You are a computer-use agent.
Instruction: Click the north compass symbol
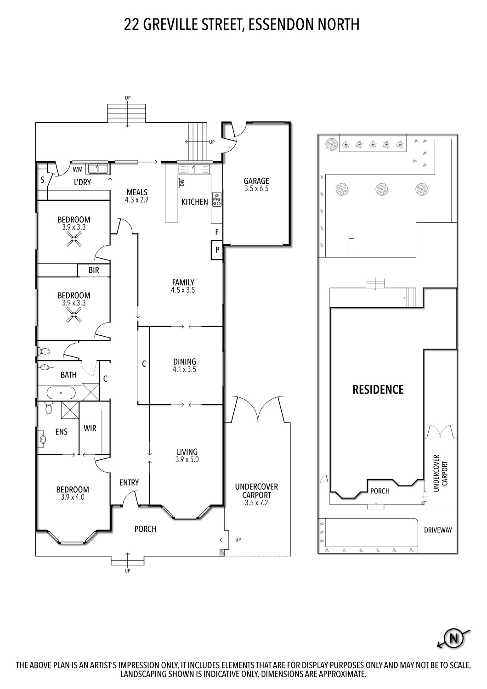click(x=454, y=638)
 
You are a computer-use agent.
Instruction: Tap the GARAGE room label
click(x=256, y=181)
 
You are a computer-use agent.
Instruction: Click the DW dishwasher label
click(x=182, y=183)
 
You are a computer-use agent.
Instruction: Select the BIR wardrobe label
click(x=94, y=271)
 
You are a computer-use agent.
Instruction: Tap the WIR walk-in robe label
click(x=90, y=428)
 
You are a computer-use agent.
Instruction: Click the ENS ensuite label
click(x=61, y=432)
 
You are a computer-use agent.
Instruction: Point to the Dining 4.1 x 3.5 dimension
click(x=185, y=369)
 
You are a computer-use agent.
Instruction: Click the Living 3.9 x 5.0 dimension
click(x=187, y=459)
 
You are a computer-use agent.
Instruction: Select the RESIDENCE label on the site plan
click(x=378, y=390)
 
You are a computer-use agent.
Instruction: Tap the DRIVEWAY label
click(x=438, y=530)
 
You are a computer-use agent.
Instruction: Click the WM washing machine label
click(x=78, y=169)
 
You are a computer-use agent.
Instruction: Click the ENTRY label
click(x=129, y=482)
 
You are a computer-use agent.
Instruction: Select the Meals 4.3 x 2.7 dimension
click(x=137, y=200)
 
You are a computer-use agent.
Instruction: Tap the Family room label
click(x=183, y=282)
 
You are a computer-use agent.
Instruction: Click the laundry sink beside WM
click(x=98, y=169)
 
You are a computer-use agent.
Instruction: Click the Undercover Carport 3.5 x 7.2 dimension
click(x=256, y=503)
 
